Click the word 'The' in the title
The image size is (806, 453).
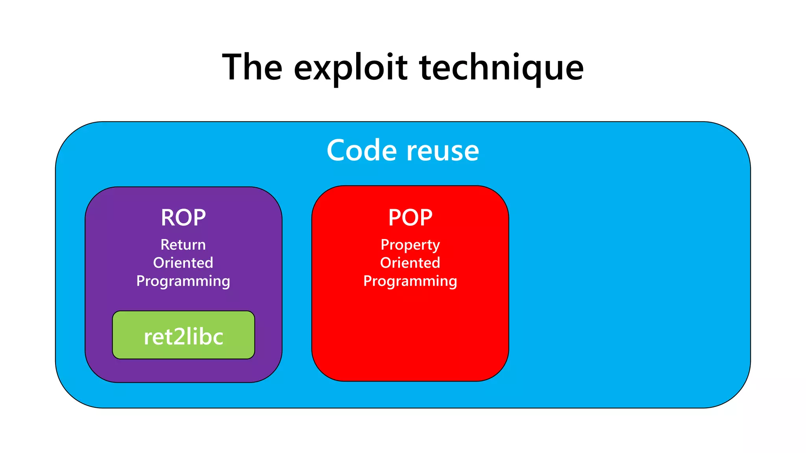point(252,68)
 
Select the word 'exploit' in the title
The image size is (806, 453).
point(350,68)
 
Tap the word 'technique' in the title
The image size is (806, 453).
point(501,68)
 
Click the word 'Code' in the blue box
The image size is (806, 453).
point(362,150)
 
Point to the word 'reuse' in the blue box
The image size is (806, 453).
point(443,151)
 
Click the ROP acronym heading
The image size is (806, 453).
point(183,217)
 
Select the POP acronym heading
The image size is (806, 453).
point(410,217)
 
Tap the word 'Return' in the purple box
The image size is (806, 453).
point(183,245)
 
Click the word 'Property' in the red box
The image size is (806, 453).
point(410,245)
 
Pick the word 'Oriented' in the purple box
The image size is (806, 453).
point(183,263)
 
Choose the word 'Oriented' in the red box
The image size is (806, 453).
point(410,263)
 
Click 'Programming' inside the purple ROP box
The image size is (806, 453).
point(183,281)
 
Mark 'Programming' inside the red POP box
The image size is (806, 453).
point(410,281)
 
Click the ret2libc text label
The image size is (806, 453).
point(183,337)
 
